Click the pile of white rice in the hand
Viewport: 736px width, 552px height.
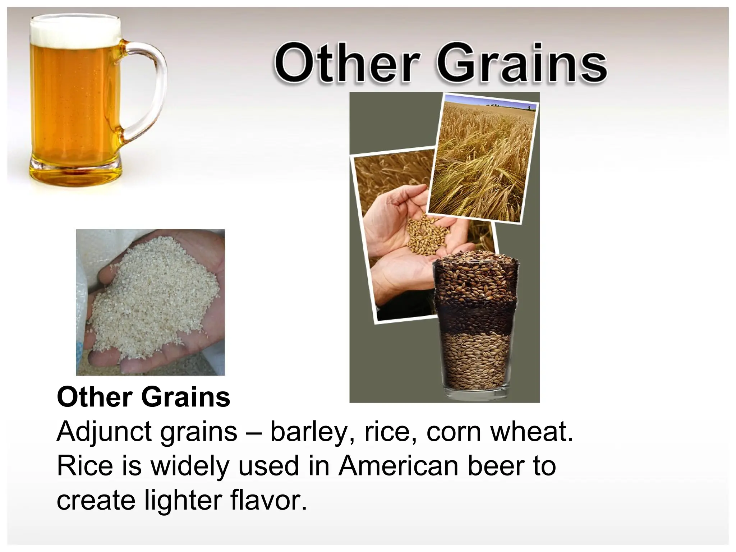point(155,298)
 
